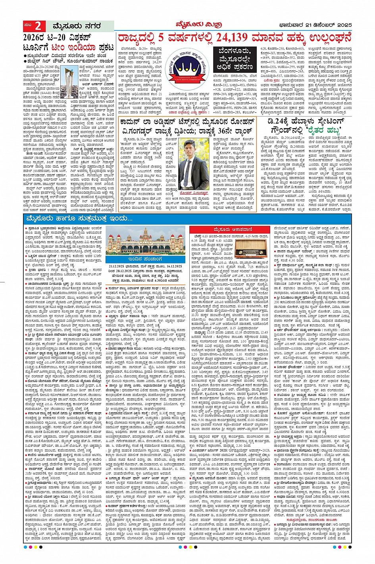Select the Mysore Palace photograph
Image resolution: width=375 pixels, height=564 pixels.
click(x=144, y=241)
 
